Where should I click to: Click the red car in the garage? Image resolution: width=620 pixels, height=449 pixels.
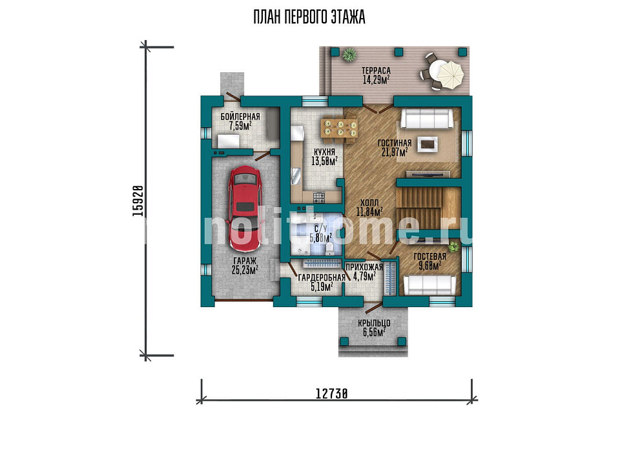pos(245,209)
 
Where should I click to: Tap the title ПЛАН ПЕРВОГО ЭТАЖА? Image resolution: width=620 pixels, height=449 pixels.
pos(309,17)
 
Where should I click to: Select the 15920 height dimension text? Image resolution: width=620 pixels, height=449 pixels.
pos(138,201)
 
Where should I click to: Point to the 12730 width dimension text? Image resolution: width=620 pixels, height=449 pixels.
pos(332,394)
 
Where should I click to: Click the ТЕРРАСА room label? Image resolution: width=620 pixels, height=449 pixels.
pos(376,71)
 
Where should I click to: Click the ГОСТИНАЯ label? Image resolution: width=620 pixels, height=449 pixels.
pos(394,143)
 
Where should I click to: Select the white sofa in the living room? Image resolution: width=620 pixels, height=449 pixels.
pos(427,119)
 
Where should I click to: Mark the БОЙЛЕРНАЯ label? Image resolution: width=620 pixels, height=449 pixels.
pos(240,117)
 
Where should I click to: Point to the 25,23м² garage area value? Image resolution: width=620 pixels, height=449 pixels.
pos(245,270)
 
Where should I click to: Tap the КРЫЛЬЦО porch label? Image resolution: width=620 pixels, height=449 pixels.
pos(374,323)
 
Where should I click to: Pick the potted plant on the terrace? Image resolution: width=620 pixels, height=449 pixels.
pos(349,54)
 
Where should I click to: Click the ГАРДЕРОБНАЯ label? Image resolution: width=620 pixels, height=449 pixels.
pos(322,278)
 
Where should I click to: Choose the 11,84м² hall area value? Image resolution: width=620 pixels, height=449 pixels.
pos(369,212)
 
